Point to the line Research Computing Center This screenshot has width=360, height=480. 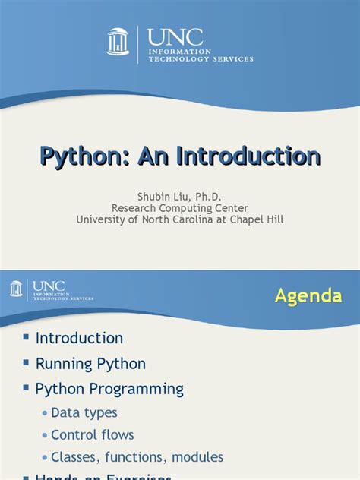pyautogui.click(x=180, y=207)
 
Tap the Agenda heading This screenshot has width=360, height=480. pyautogui.click(x=308, y=295)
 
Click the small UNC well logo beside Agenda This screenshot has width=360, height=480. pyautogui.click(x=16, y=289)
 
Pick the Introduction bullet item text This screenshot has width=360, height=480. pyautogui.click(x=79, y=338)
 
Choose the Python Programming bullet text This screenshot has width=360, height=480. pyautogui.click(x=109, y=389)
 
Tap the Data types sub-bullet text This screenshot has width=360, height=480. pyautogui.click(x=84, y=412)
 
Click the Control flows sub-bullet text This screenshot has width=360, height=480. pyautogui.click(x=93, y=435)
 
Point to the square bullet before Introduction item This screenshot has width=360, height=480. pyautogui.click(x=25, y=337)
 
